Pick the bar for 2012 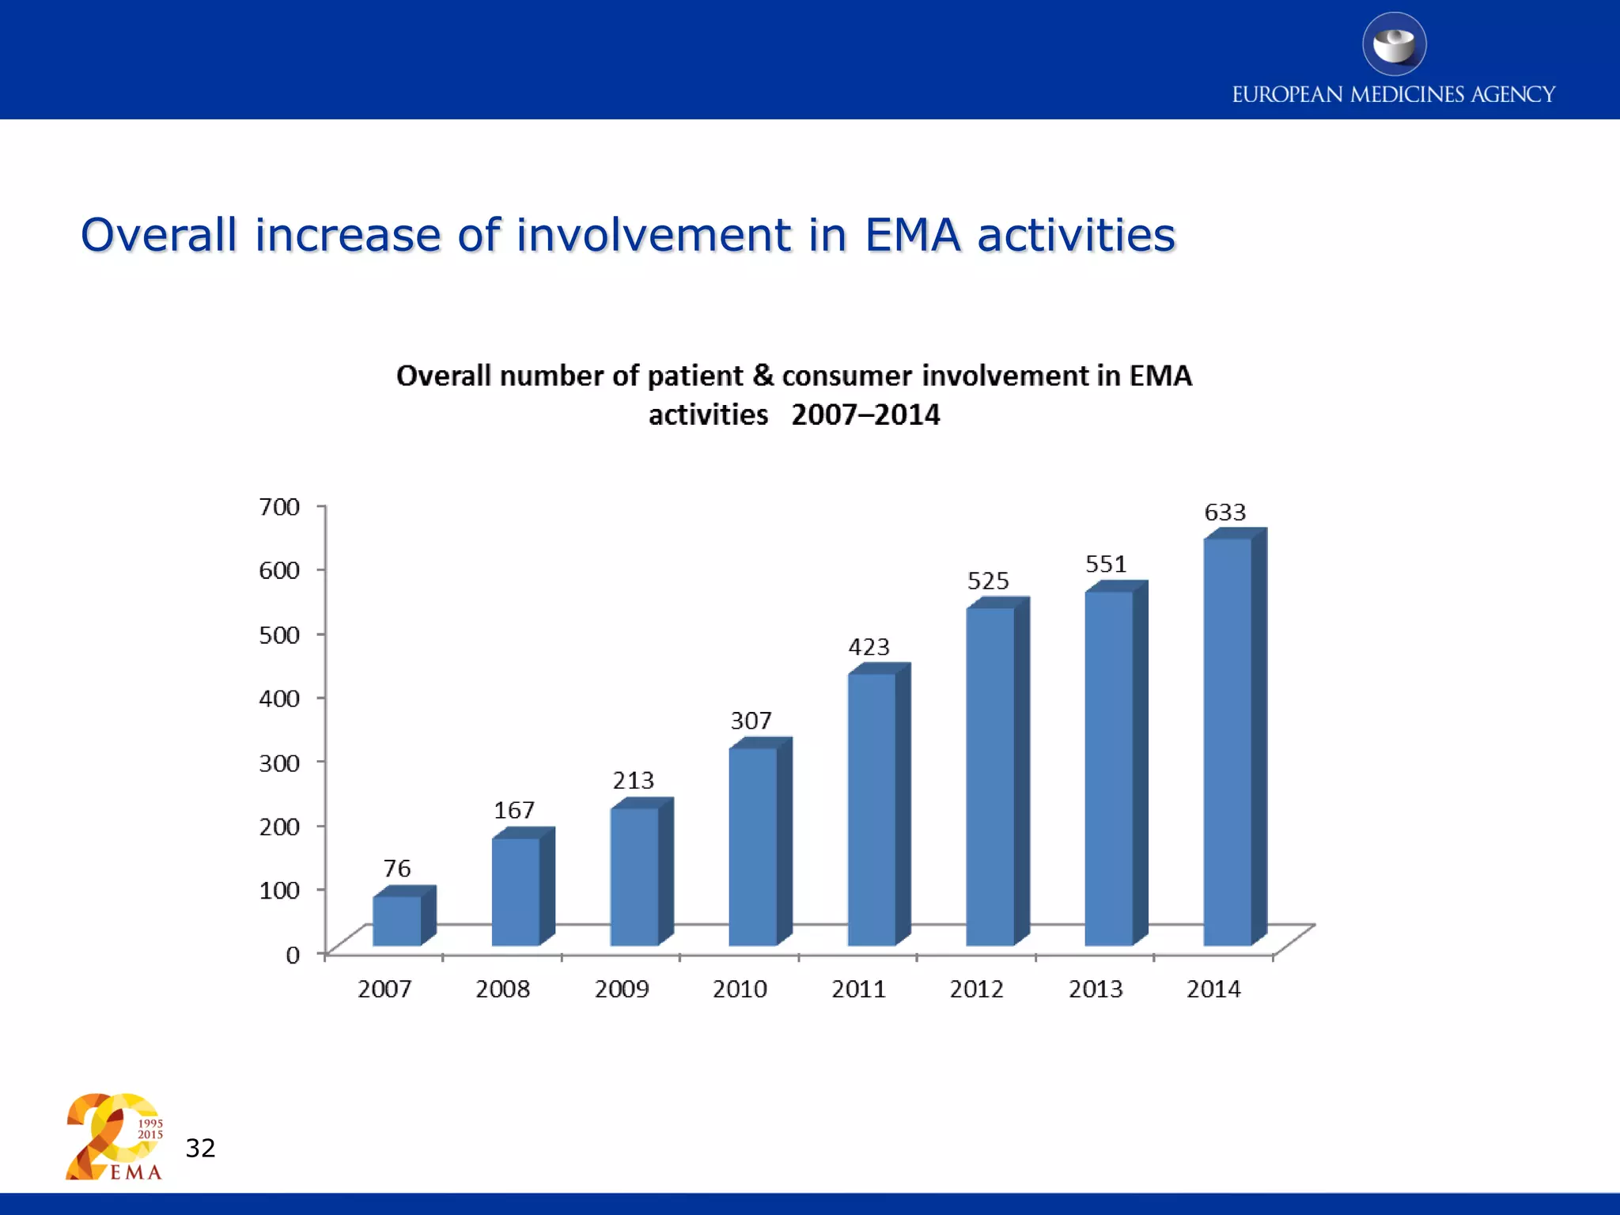pyautogui.click(x=990, y=776)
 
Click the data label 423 pyautogui.click(x=869, y=648)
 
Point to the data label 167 pyautogui.click(x=514, y=811)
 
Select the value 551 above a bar pyautogui.click(x=1106, y=565)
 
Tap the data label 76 pyautogui.click(x=397, y=869)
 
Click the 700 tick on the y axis pyautogui.click(x=279, y=507)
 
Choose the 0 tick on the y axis pyautogui.click(x=293, y=955)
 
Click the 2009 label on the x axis pyautogui.click(x=622, y=990)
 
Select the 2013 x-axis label pyautogui.click(x=1096, y=990)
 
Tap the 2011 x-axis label pyautogui.click(x=858, y=990)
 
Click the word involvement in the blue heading pyautogui.click(x=653, y=235)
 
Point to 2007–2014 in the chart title pyautogui.click(x=865, y=415)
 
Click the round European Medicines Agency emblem pyautogui.click(x=1394, y=44)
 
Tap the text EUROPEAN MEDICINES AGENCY pyautogui.click(x=1394, y=95)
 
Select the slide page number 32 pyautogui.click(x=200, y=1148)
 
